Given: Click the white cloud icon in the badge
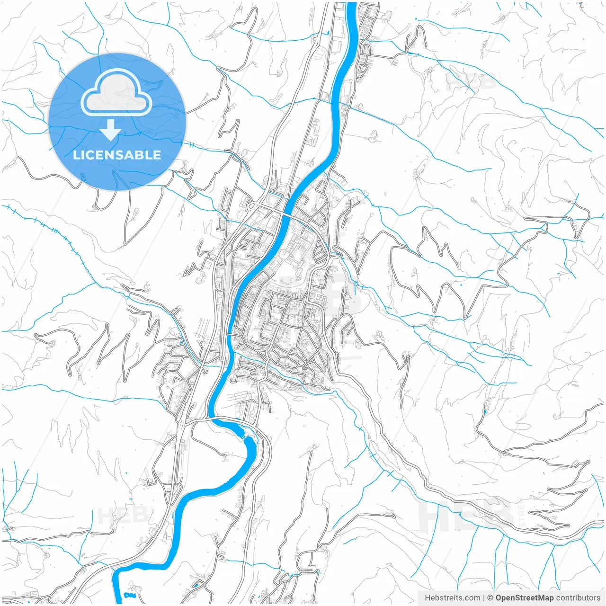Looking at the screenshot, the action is click(116, 93).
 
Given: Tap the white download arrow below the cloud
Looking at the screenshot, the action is click(110, 130).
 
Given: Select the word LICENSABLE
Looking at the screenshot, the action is click(116, 155).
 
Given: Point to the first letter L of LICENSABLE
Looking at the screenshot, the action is click(76, 155).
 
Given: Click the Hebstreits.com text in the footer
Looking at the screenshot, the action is click(452, 598).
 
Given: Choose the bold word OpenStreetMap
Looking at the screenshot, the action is click(524, 598).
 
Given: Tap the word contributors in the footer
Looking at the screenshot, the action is click(578, 598).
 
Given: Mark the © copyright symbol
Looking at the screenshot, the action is click(490, 598).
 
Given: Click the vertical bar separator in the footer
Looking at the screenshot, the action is click(484, 598).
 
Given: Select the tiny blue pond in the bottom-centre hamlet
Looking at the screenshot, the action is click(196, 586).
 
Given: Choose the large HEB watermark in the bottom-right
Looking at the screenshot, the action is click(466, 516).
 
